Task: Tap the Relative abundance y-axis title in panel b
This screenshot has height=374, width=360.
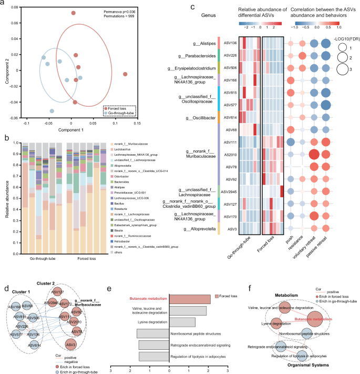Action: tap(6, 190)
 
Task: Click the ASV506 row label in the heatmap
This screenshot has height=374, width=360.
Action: tap(229, 68)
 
